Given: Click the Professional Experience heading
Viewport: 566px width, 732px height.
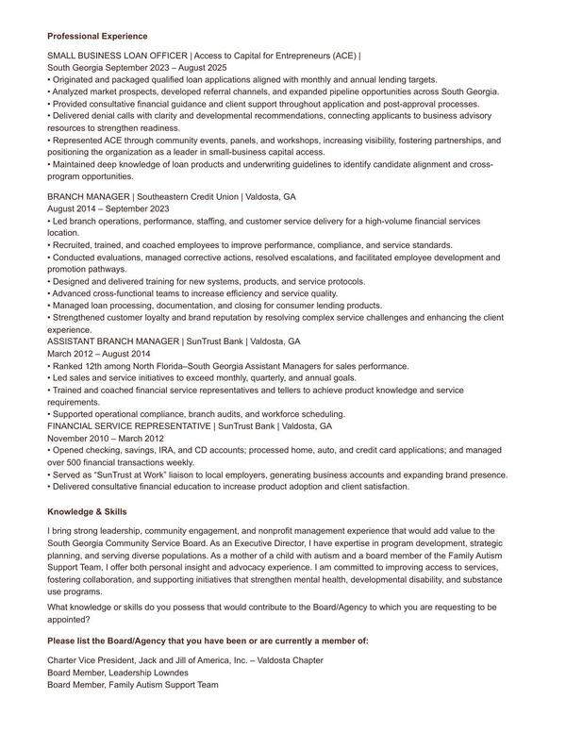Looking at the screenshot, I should pos(91,36).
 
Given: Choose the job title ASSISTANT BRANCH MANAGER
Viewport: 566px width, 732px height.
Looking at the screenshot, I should pos(112,341).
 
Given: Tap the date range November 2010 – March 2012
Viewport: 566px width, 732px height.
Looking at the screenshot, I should pos(105,439).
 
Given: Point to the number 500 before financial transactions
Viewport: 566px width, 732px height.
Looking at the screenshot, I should pos(78,463).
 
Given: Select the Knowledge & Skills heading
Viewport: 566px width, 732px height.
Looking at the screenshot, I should pos(87,511).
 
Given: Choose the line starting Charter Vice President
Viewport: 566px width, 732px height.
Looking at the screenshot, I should pos(185,660).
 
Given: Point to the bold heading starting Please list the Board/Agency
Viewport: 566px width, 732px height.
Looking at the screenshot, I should pos(208,640).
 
